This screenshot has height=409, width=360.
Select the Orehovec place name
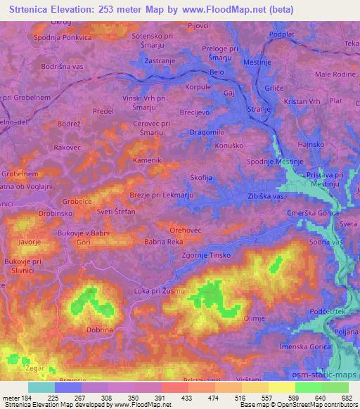point(185,229)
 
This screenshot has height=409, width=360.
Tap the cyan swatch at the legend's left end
point(41,387)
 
